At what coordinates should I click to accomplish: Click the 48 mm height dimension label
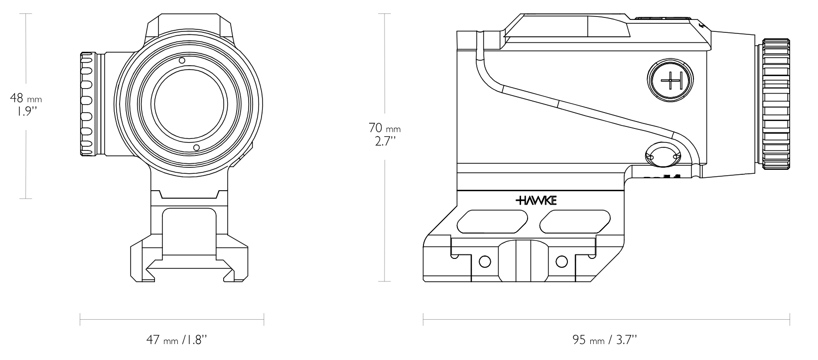tap(26, 98)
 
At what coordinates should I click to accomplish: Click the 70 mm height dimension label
tap(385, 128)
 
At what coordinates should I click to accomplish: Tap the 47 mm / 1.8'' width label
tap(177, 340)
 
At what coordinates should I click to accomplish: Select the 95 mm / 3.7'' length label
tap(605, 340)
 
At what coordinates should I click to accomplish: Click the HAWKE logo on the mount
tap(536, 201)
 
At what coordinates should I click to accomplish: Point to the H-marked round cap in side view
tap(671, 80)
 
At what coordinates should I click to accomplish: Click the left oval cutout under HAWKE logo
tap(492, 222)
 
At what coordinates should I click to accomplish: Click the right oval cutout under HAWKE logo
tap(575, 222)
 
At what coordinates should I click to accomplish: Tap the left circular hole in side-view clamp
tap(485, 261)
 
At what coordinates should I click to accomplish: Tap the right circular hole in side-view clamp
tap(561, 261)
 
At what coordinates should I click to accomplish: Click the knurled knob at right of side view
tap(776, 104)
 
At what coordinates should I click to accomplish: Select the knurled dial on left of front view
tap(88, 104)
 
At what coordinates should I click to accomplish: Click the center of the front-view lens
tap(189, 104)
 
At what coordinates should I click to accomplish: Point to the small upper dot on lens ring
tap(182, 60)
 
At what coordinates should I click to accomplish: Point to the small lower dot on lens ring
tap(196, 147)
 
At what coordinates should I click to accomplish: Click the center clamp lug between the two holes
tap(523, 261)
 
